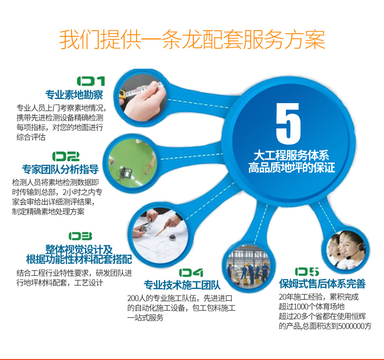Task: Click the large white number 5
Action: tap(288, 123)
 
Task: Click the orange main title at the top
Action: tap(192, 40)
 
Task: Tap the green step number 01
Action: tap(91, 81)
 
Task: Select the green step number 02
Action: tap(66, 156)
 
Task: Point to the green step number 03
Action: tap(80, 236)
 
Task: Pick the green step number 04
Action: tap(191, 273)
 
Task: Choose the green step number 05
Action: tap(307, 271)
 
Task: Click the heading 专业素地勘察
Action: tap(74, 95)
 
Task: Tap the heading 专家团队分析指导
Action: tap(60, 169)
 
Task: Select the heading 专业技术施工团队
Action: tap(182, 285)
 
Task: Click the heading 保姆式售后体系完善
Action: tap(322, 284)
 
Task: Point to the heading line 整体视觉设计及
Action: tap(79, 249)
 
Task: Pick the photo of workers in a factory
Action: tap(248, 266)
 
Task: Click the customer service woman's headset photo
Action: tap(346, 250)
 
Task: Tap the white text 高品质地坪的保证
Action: tap(292, 168)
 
